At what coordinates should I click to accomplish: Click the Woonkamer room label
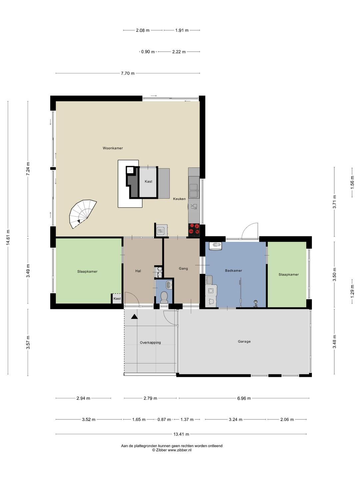(113, 148)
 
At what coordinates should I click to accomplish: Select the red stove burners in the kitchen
(194, 230)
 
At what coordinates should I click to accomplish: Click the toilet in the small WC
(164, 297)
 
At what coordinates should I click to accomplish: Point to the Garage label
(244, 341)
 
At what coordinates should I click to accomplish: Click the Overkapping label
(150, 342)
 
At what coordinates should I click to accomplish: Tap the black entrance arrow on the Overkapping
(134, 316)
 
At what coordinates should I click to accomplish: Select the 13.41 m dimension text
(181, 434)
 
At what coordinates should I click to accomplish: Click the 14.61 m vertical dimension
(8, 237)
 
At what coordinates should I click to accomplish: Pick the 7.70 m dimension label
(128, 73)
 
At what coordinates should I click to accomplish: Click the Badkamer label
(233, 271)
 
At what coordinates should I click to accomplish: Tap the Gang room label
(183, 268)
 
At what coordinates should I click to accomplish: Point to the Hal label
(138, 271)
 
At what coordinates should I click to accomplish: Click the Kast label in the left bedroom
(117, 298)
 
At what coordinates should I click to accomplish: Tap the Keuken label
(179, 199)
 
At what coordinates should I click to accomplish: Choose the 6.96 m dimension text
(244, 398)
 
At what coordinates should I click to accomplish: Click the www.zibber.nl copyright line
(172, 450)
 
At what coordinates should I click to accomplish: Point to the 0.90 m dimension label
(148, 52)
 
